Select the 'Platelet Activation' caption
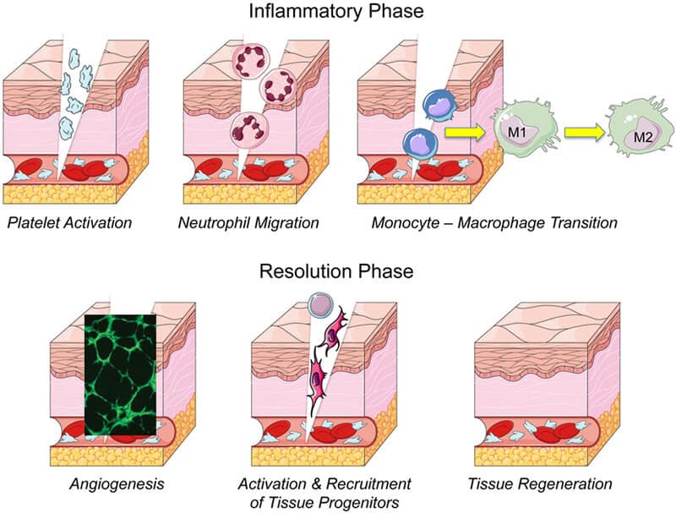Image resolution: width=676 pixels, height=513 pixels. [68, 224]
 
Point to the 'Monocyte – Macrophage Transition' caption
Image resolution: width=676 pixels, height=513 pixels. [494, 224]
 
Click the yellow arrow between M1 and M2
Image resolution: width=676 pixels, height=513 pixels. [583, 132]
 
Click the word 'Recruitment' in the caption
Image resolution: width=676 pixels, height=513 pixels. [368, 484]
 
